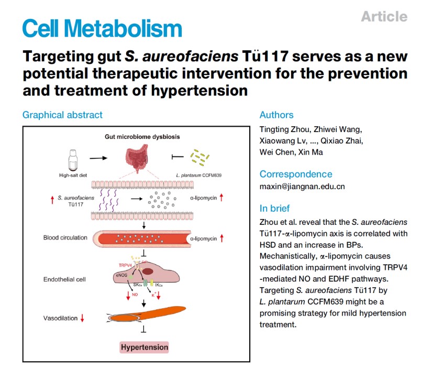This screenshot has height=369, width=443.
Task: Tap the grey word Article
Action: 384,16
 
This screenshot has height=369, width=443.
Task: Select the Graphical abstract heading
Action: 62,115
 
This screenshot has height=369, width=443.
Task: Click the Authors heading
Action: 276,115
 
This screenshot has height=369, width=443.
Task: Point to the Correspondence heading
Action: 295,174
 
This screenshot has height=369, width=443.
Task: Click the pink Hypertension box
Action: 145,347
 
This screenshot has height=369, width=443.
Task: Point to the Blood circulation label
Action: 65,238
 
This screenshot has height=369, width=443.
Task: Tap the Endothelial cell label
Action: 64,279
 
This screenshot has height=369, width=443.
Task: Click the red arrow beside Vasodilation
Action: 82,318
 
